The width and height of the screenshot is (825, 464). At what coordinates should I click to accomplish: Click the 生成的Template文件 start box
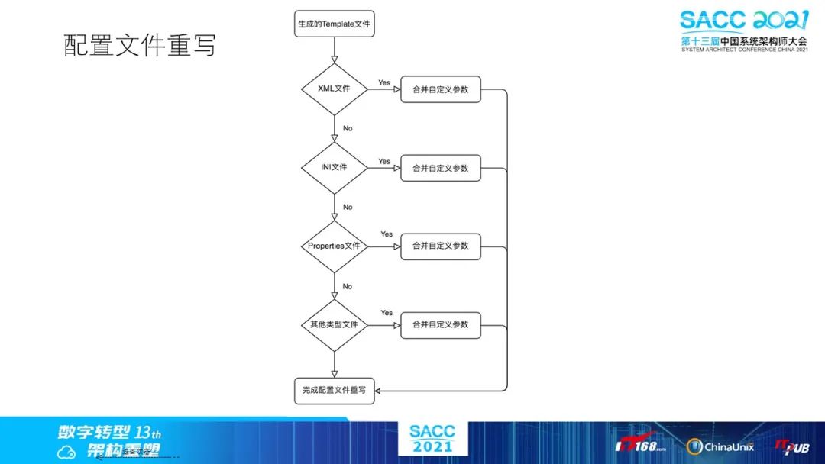(334, 24)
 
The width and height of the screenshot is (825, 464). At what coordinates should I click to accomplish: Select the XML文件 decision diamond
(334, 89)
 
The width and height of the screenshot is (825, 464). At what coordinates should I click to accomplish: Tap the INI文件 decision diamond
(334, 167)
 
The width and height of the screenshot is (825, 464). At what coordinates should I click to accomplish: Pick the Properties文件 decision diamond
(334, 246)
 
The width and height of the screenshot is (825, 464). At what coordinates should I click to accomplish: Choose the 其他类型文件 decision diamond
(334, 324)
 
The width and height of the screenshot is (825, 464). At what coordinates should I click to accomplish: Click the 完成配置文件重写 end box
(334, 391)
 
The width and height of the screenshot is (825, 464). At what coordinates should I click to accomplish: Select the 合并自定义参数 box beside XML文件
(441, 89)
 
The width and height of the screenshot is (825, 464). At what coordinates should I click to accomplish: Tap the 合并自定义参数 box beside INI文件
(441, 168)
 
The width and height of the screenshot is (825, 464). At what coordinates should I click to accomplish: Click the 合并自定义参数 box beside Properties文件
(441, 246)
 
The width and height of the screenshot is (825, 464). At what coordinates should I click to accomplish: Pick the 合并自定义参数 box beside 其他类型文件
(441, 324)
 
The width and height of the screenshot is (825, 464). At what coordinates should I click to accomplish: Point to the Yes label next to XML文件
(384, 82)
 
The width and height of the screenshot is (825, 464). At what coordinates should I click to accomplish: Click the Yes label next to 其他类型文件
(387, 313)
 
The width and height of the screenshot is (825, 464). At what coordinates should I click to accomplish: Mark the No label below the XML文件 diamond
(348, 128)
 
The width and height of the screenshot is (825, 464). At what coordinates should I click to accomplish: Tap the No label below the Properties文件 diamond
(348, 286)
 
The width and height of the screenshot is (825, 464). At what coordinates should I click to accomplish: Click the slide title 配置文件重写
(140, 46)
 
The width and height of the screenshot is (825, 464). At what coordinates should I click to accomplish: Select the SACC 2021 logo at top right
(743, 31)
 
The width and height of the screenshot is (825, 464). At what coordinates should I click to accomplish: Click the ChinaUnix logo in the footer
(720, 446)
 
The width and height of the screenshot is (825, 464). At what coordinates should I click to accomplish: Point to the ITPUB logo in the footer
(792, 446)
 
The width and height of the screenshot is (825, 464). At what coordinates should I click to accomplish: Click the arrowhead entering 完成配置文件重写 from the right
(380, 391)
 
